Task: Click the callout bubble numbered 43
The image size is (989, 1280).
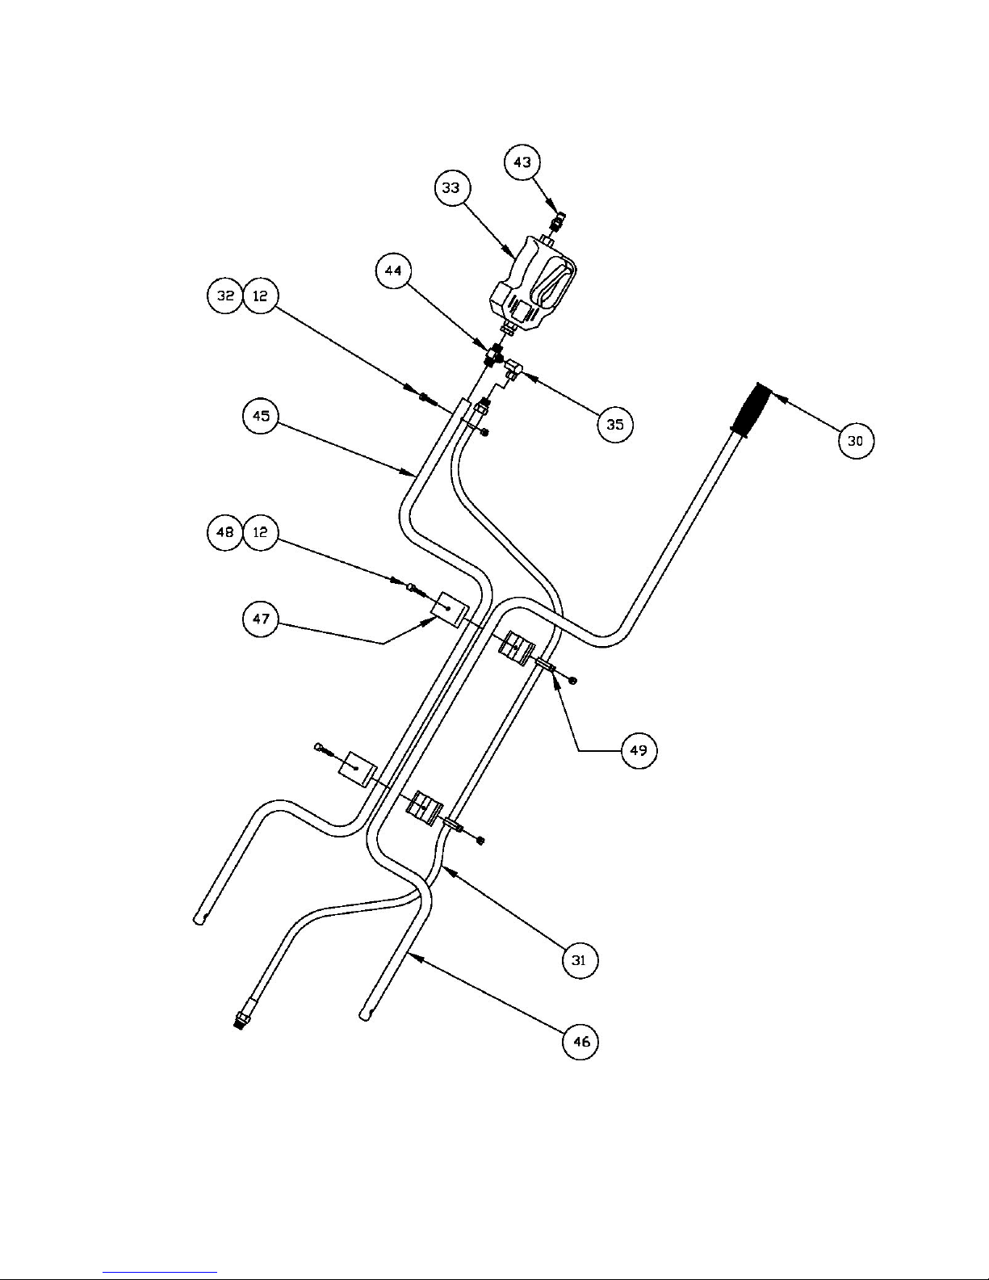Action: pyautogui.click(x=523, y=162)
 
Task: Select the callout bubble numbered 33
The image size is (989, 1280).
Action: pyautogui.click(x=451, y=188)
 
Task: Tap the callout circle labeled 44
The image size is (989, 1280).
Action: pyautogui.click(x=393, y=271)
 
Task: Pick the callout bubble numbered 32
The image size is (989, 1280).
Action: pyautogui.click(x=225, y=296)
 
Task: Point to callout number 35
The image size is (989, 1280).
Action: pyautogui.click(x=615, y=425)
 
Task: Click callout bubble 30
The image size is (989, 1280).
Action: pyautogui.click(x=856, y=441)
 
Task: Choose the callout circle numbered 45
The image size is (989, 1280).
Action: pyautogui.click(x=261, y=416)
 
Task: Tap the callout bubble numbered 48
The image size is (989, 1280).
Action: pyautogui.click(x=225, y=532)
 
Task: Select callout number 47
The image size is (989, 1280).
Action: pyautogui.click(x=261, y=619)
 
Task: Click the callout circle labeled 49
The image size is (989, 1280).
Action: pyautogui.click(x=639, y=750)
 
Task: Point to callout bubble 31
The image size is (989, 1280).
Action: pyautogui.click(x=580, y=961)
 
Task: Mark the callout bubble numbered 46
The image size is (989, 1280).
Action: pyautogui.click(x=580, y=1042)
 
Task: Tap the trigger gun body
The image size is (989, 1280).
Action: pyautogui.click(x=533, y=284)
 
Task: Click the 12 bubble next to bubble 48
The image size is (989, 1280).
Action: pyautogui.click(x=260, y=532)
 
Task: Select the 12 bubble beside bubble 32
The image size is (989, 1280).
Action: pyautogui.click(x=260, y=296)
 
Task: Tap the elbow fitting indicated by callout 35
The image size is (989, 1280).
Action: pyautogui.click(x=512, y=370)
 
